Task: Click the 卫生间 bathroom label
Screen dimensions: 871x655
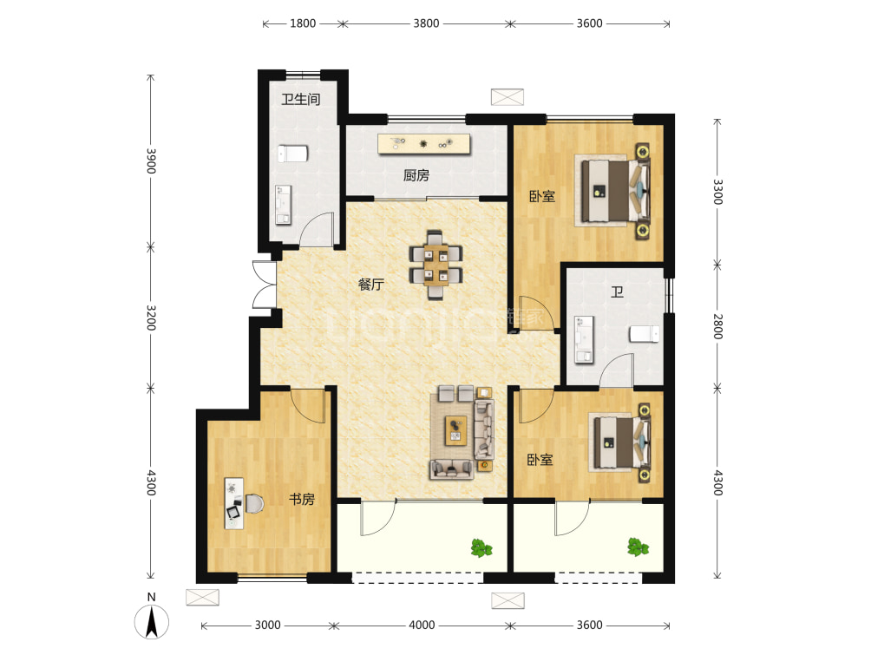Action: pyautogui.click(x=300, y=100)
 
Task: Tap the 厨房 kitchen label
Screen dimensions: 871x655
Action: pyautogui.click(x=416, y=175)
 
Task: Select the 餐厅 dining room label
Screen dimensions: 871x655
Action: pyautogui.click(x=371, y=285)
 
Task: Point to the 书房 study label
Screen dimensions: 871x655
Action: pyautogui.click(x=302, y=499)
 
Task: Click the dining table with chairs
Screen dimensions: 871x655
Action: pyautogui.click(x=436, y=265)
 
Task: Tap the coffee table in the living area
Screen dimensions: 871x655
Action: pyautogui.click(x=455, y=430)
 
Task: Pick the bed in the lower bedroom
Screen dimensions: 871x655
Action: pyautogui.click(x=619, y=442)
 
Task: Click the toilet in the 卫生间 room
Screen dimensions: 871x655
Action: pyautogui.click(x=292, y=154)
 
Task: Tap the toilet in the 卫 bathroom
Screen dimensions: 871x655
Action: pyautogui.click(x=645, y=334)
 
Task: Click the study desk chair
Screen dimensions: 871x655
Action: pyautogui.click(x=254, y=503)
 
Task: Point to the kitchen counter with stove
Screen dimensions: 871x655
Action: pyautogui.click(x=424, y=144)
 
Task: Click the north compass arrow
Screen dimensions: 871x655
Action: pyautogui.click(x=152, y=622)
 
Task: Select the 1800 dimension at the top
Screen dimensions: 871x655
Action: pyautogui.click(x=303, y=23)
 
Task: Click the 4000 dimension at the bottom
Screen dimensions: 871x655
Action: pyautogui.click(x=422, y=625)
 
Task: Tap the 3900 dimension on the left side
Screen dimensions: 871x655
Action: pyautogui.click(x=151, y=160)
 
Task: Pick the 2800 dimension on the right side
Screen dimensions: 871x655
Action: pyautogui.click(x=717, y=327)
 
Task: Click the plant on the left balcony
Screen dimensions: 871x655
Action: pyautogui.click(x=481, y=547)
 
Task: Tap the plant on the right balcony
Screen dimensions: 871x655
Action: pyautogui.click(x=638, y=547)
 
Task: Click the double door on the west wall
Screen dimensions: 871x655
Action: pyautogui.click(x=264, y=285)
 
